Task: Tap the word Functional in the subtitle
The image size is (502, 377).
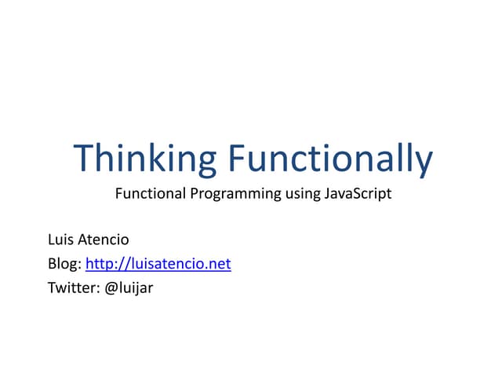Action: pyautogui.click(x=147, y=193)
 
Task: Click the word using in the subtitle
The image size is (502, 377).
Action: pyautogui.click(x=302, y=194)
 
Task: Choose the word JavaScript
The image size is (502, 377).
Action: pyautogui.click(x=357, y=193)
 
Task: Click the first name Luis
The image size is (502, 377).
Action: pyautogui.click(x=60, y=240)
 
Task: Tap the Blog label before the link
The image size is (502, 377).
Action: pyautogui.click(x=63, y=264)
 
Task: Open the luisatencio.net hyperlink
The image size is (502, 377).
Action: pyautogui.click(x=158, y=264)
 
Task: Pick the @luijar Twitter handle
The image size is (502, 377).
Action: pyautogui.click(x=129, y=287)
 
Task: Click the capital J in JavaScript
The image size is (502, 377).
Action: pyautogui.click(x=326, y=193)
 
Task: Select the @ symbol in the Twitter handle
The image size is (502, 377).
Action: pyautogui.click(x=111, y=288)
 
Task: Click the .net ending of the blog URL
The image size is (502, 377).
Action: pyautogui.click(x=219, y=264)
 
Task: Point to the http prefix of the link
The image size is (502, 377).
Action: pyautogui.click(x=97, y=264)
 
